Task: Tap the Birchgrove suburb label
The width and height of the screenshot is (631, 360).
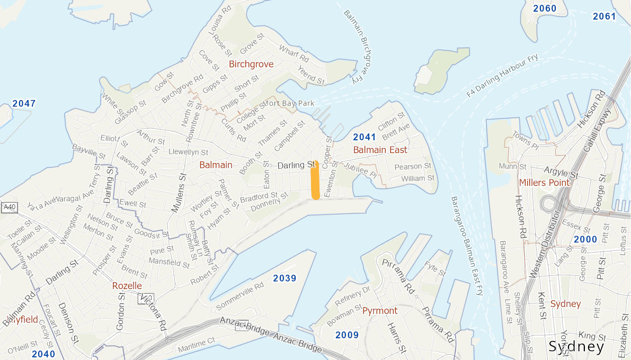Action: coord(251,64)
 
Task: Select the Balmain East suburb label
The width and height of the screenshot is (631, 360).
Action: coord(380,150)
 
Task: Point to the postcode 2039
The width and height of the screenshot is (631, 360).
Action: coord(285,278)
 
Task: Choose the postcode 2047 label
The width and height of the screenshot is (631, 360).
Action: coord(24,104)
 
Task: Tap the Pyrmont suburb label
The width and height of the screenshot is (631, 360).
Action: coord(380,311)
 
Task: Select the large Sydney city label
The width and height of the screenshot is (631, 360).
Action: coord(576,347)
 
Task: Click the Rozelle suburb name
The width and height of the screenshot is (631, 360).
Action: coord(127,286)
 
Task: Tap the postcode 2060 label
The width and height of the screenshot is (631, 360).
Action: coord(545,8)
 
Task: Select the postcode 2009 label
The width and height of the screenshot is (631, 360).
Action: coord(347,335)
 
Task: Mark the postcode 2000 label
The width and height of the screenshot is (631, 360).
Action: coord(585,239)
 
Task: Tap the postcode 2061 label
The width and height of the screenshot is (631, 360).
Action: coord(605,16)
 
